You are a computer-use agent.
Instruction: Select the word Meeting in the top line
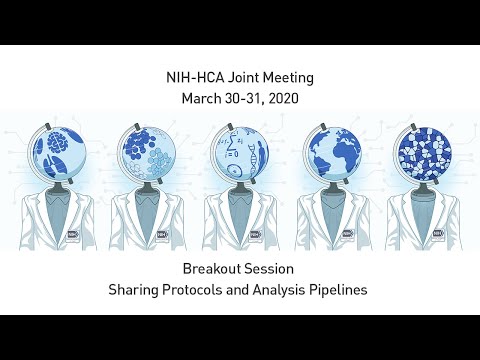[x=291, y=78]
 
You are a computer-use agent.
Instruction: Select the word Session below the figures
[x=271, y=270]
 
